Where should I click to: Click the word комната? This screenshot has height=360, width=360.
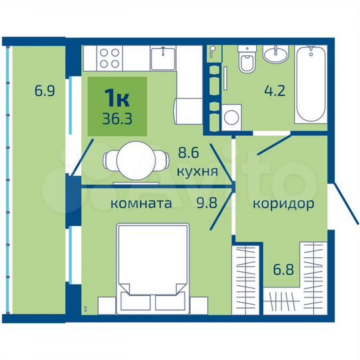141,203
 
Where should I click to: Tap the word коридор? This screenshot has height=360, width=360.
283,203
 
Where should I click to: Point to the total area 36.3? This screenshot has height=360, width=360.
117,118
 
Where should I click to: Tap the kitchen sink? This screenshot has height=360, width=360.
162,58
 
